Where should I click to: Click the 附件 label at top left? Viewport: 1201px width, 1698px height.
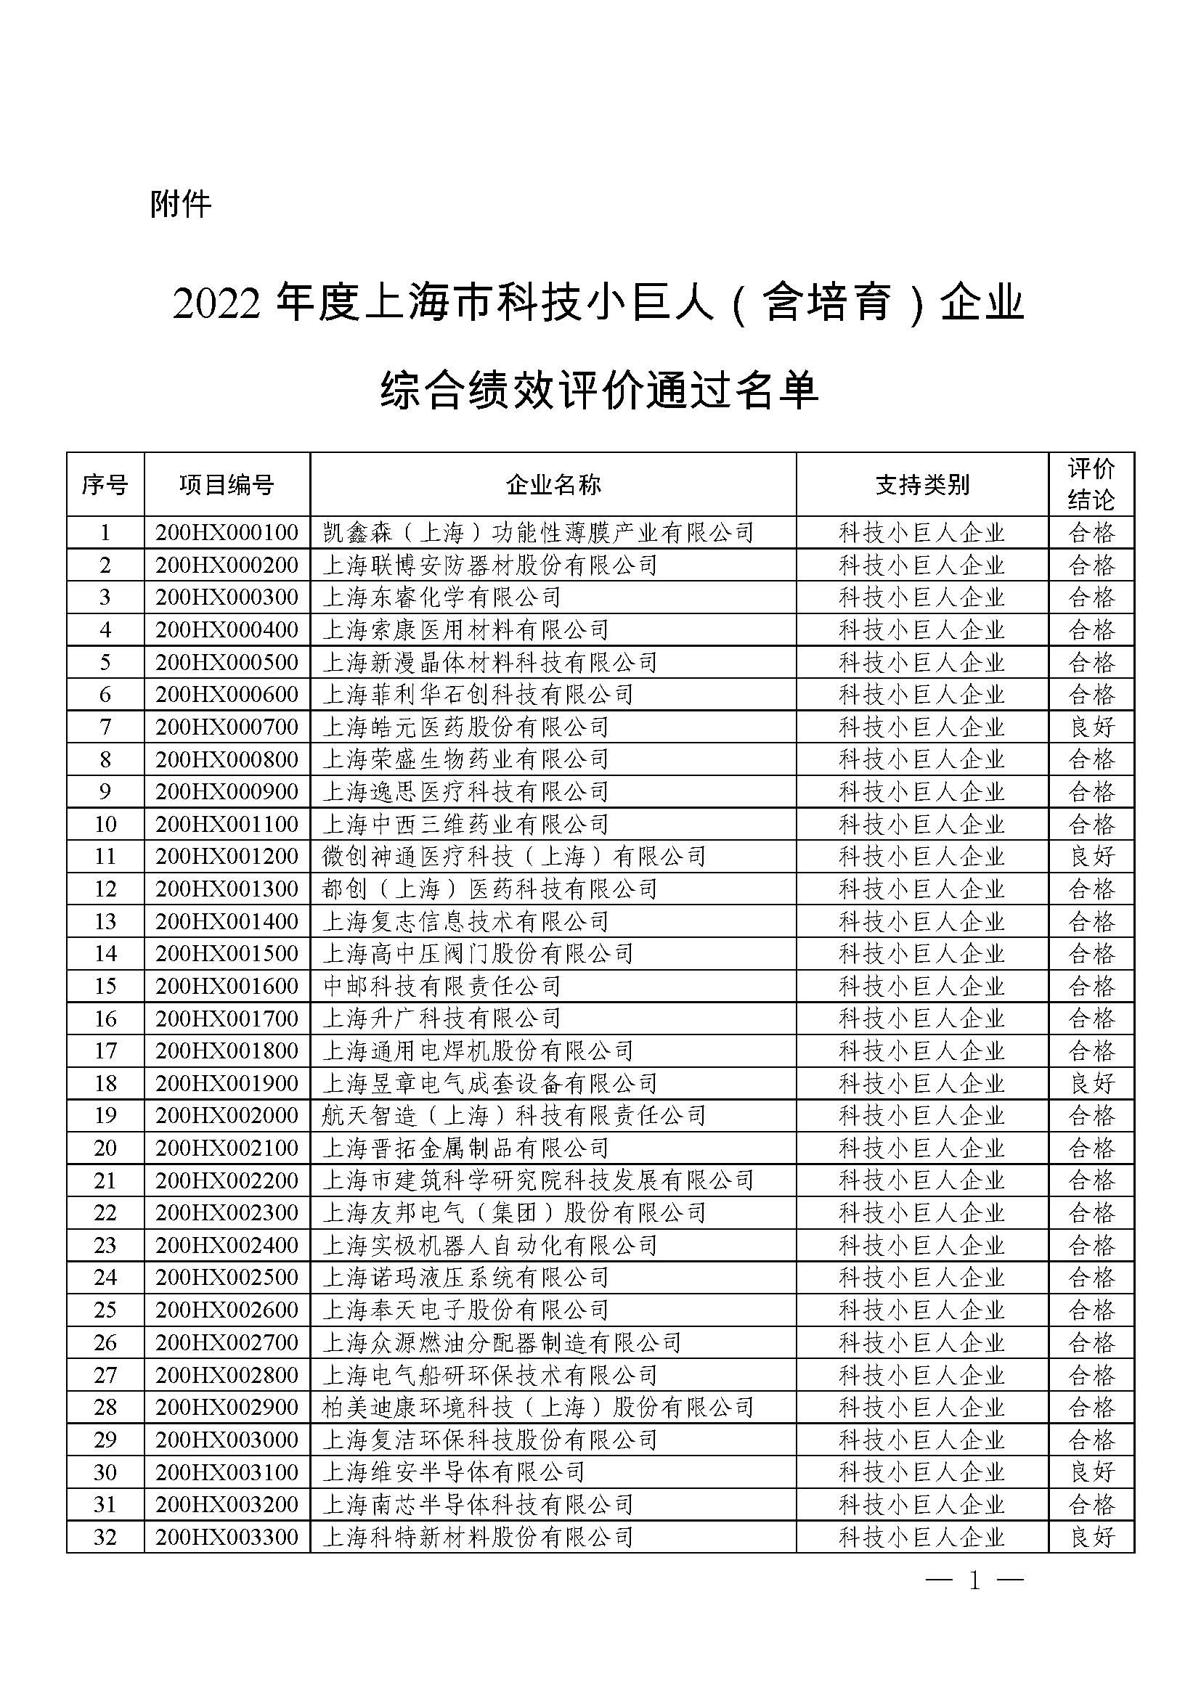tap(181, 203)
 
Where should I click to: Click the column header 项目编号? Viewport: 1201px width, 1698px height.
tap(227, 484)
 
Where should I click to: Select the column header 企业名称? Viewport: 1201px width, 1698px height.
tap(553, 484)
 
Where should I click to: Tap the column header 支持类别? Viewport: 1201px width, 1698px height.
tap(921, 484)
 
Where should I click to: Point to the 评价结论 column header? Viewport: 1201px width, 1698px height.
tap(1091, 484)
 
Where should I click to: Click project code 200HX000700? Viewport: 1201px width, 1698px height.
tap(227, 727)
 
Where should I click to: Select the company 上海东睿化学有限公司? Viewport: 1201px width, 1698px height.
tap(441, 597)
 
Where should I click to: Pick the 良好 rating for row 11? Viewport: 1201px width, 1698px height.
tap(1091, 857)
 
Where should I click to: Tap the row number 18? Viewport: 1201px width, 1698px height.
tap(105, 1083)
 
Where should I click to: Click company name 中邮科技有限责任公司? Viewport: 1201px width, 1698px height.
tap(441, 986)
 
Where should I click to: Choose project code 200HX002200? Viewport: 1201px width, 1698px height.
tap(227, 1180)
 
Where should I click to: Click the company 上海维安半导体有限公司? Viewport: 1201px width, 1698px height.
tap(453, 1472)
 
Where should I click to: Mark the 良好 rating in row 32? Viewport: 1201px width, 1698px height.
tap(1091, 1537)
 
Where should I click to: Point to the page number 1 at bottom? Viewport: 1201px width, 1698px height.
tap(974, 1581)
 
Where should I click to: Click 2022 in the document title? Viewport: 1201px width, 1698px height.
tap(216, 305)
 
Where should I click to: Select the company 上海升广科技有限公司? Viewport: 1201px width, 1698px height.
tap(441, 1019)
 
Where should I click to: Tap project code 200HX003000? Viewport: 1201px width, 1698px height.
tap(227, 1439)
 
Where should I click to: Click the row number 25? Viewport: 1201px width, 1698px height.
tap(105, 1310)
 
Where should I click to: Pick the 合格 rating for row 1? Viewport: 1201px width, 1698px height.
tap(1091, 532)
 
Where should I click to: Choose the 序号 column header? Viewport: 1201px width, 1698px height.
tap(105, 484)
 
